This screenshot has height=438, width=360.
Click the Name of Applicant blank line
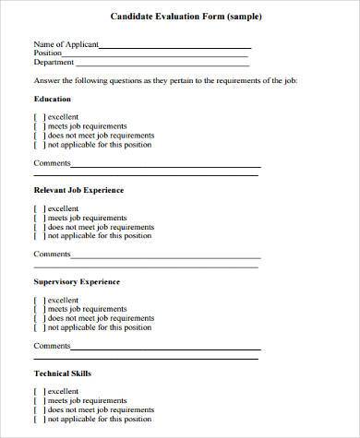point(174,46)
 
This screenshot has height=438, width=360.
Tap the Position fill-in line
point(156,54)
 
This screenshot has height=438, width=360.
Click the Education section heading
point(53,98)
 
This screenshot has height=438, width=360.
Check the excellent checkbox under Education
point(39,117)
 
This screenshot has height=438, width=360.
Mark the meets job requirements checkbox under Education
point(39,126)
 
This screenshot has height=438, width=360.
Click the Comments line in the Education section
point(165,165)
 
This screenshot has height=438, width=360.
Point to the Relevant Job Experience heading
point(78,190)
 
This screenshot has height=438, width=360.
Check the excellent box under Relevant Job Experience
point(39,208)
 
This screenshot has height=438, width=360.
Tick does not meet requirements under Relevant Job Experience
point(39,227)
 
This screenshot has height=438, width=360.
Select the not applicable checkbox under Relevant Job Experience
point(39,236)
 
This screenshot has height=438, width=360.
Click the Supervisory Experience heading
point(77,281)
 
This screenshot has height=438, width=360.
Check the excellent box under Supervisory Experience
point(39,300)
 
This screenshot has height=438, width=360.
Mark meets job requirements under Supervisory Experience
point(39,309)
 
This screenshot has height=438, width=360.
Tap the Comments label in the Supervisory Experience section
point(52,346)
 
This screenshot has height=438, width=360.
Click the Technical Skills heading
point(63,373)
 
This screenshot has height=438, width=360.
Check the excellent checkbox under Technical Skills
point(39,392)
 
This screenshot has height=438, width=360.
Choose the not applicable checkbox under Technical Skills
point(39,420)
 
